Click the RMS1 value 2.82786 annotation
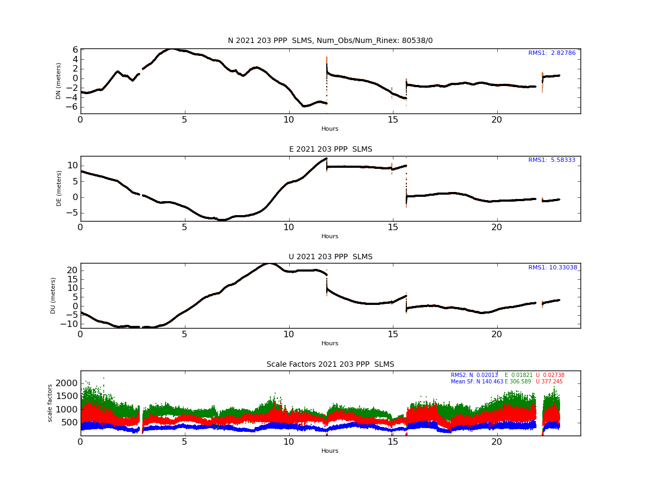coord(551,53)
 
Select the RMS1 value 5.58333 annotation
coord(551,160)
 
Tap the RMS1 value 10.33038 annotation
coord(553,267)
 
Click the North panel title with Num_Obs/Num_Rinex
coord(330,40)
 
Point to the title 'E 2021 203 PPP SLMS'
coord(331,150)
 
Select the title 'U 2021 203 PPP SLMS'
coord(331,257)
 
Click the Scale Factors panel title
coord(330,365)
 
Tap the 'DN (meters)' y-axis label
coord(58,81)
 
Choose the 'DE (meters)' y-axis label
coord(59,188)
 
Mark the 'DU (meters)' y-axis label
coord(53,296)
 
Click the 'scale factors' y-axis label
coord(49,403)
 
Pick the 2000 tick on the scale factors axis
coord(67,383)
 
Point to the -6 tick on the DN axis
coord(71,106)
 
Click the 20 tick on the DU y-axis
coord(72,271)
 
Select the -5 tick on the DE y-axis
coord(72,213)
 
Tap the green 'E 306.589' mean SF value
coord(518,382)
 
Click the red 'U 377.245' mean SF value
coord(549,382)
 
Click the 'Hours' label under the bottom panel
coord(329,451)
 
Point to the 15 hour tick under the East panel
coord(392,227)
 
